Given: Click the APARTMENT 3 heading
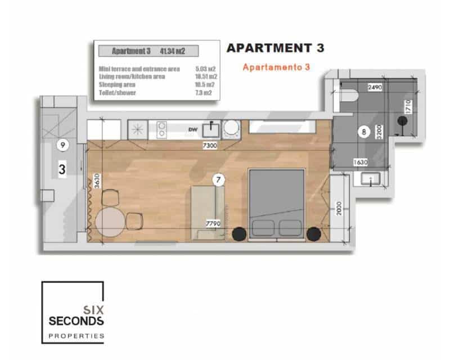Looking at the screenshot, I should pyautogui.click(x=275, y=48).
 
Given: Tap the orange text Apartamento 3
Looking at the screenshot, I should pyautogui.click(x=276, y=67).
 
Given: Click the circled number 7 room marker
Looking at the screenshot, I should pyautogui.click(x=218, y=179).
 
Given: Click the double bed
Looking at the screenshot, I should pyautogui.click(x=276, y=202).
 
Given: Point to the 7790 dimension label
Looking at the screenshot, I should pyautogui.click(x=213, y=223).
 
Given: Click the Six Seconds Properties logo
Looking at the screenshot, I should pyautogui.click(x=73, y=312).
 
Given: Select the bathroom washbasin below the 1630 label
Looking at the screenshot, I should pyautogui.click(x=371, y=181).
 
